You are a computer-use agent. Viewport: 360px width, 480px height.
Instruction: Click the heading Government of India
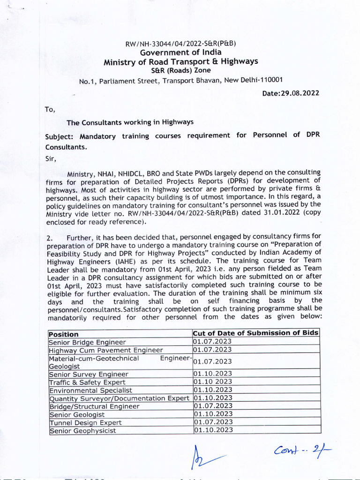(x=180, y=52)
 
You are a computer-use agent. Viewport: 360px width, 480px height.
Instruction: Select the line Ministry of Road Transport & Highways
(x=180, y=61)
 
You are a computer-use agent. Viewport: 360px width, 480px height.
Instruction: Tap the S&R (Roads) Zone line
(x=180, y=70)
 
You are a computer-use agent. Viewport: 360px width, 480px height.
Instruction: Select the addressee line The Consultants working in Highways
(x=130, y=122)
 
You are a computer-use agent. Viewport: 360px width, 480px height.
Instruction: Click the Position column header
(x=64, y=334)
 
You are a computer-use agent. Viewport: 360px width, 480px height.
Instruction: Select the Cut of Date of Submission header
(x=256, y=333)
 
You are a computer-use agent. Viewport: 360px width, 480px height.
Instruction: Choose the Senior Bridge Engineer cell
(x=81, y=342)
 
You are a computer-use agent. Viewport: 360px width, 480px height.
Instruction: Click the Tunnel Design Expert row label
(x=79, y=422)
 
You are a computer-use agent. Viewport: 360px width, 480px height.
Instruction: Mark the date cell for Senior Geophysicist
(x=213, y=430)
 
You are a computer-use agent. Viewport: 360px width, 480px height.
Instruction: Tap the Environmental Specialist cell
(x=90, y=390)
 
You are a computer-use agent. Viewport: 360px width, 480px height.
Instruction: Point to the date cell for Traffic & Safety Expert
(x=213, y=382)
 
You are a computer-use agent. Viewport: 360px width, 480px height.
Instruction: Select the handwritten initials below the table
(x=202, y=457)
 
